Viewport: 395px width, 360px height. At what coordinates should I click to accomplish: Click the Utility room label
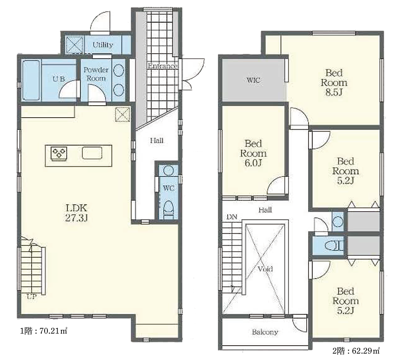tap(103, 45)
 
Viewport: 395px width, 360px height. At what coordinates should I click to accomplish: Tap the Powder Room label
tap(96, 74)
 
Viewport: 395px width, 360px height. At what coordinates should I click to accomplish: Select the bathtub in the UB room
tap(31, 80)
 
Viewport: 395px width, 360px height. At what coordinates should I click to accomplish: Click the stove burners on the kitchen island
tap(59, 153)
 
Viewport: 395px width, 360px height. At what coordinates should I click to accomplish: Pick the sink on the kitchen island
tap(92, 153)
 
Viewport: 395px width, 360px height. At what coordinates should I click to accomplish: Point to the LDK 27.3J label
tap(76, 213)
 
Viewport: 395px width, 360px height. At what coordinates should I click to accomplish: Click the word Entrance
tap(163, 66)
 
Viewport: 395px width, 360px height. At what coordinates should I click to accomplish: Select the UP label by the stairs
tap(32, 297)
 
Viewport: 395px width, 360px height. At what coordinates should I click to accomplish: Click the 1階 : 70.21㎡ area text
tap(44, 331)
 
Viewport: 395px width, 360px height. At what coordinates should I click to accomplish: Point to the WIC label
tap(253, 80)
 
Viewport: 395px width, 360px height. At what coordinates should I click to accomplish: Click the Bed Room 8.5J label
tap(334, 82)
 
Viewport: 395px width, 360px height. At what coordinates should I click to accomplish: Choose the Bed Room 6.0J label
tap(253, 153)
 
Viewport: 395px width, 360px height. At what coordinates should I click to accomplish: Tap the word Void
tap(265, 269)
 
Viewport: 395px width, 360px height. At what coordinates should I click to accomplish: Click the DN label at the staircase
tap(232, 217)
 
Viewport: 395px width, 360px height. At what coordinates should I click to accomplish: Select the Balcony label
tap(265, 332)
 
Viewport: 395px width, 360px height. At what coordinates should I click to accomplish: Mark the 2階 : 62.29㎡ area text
tap(356, 351)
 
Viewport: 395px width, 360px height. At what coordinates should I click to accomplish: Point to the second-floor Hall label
tap(265, 210)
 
